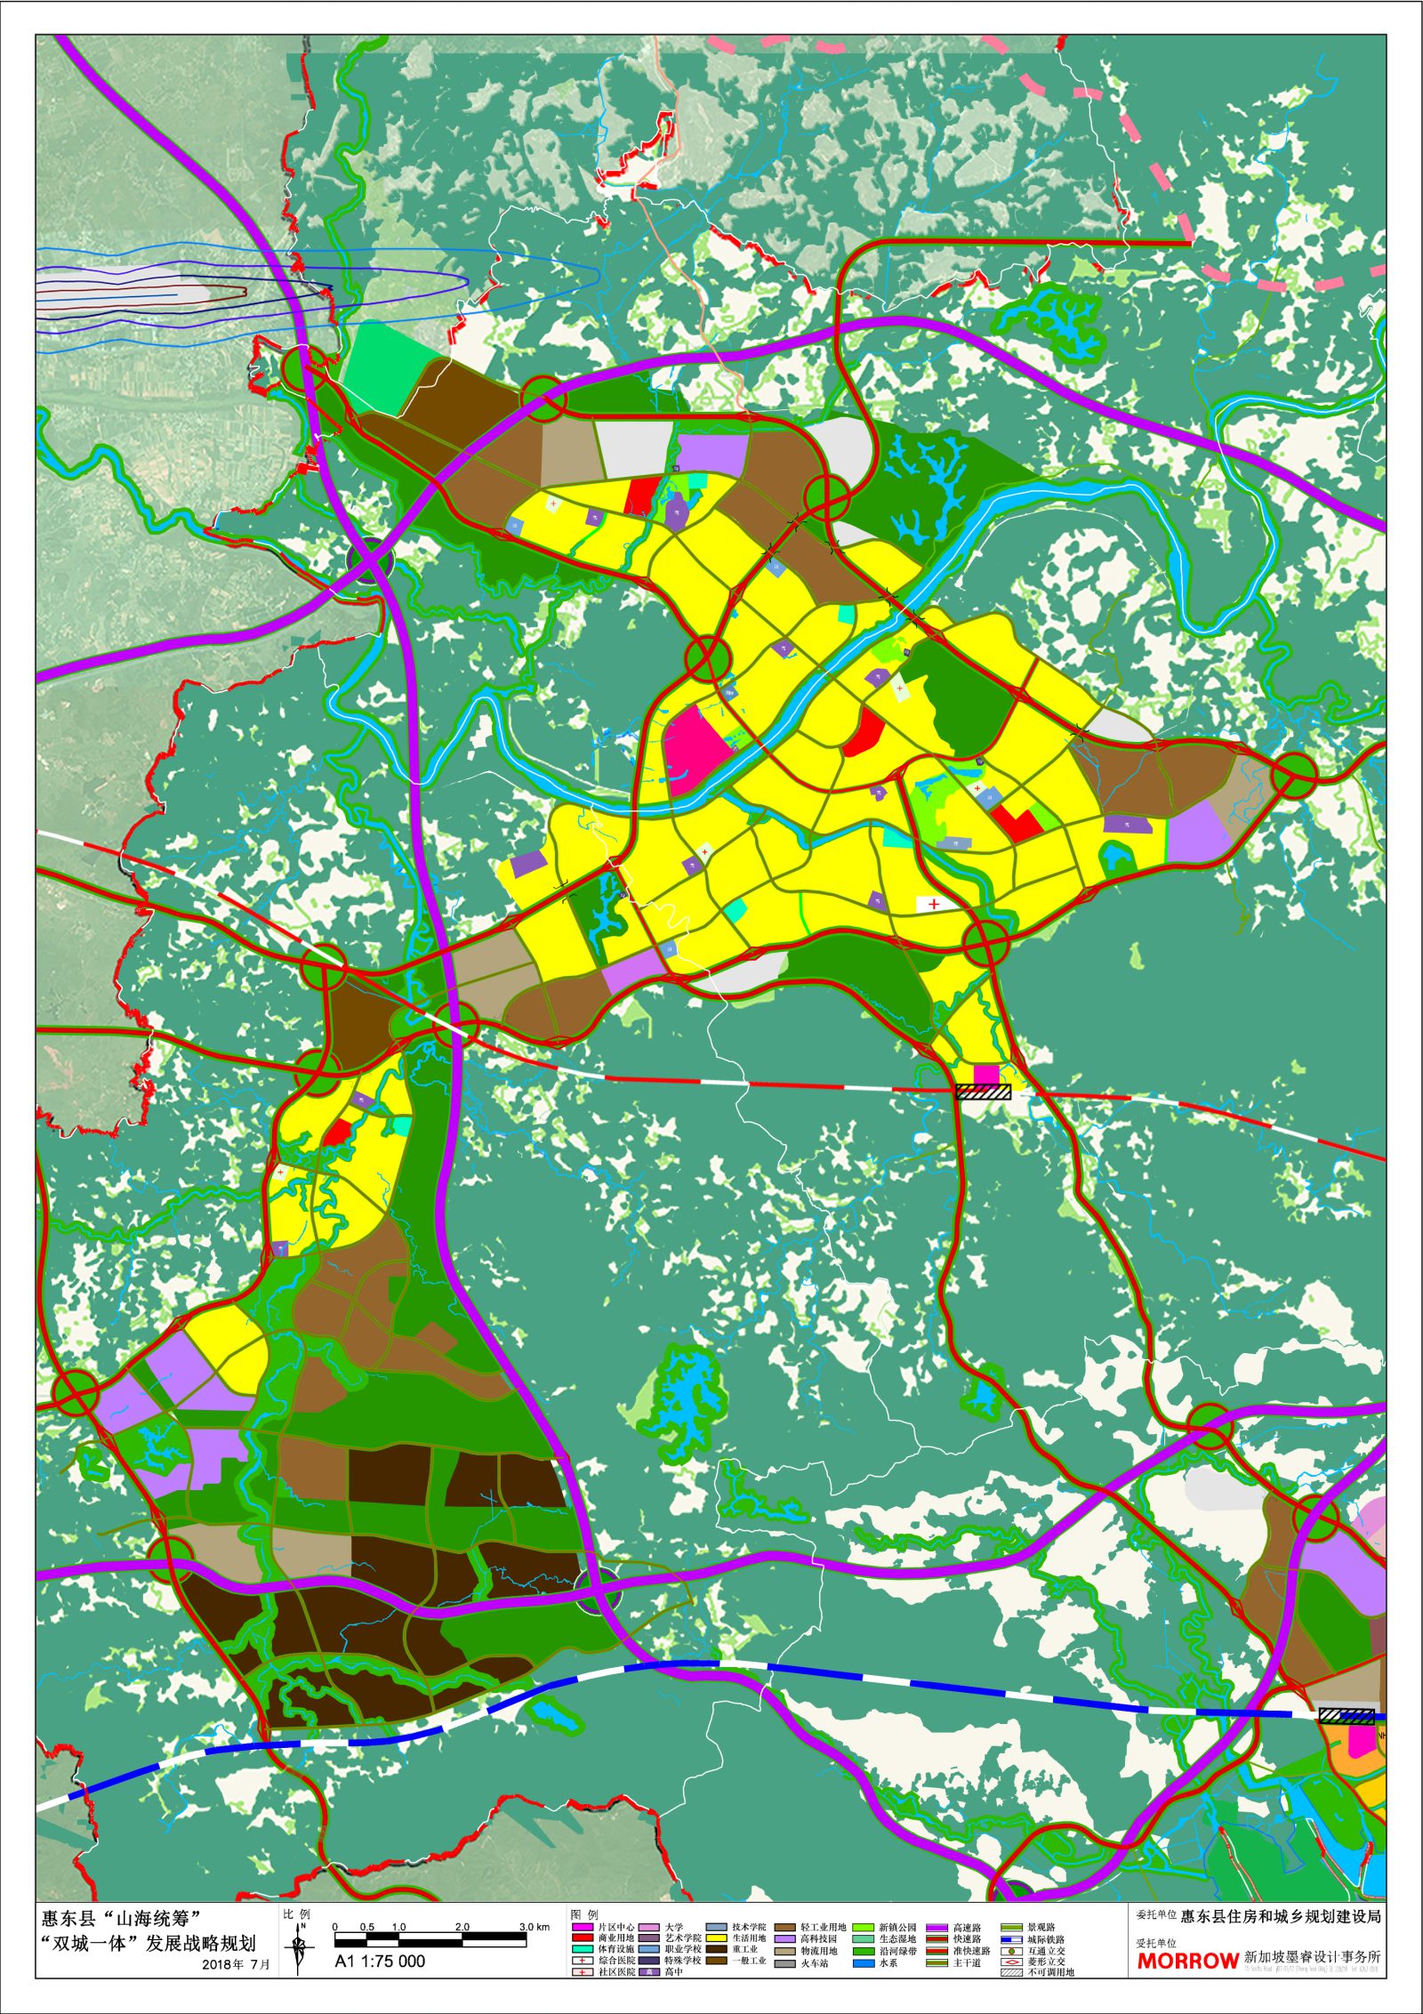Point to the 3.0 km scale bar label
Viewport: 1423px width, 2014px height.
[x=536, y=1927]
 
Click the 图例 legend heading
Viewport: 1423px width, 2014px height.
[x=584, y=1913]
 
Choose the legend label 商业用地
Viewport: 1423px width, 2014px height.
[x=616, y=1938]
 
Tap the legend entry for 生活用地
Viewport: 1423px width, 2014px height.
[x=749, y=1938]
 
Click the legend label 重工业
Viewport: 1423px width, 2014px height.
[x=744, y=1949]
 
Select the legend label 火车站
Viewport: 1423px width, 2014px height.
[x=814, y=1962]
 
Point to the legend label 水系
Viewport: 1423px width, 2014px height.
[x=888, y=1962]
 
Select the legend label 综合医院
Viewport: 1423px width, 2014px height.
[x=616, y=1961]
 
